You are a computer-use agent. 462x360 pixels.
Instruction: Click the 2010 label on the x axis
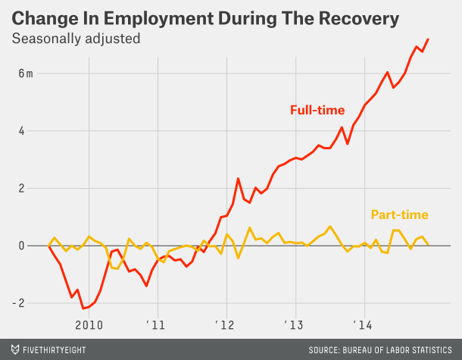pos(89,325)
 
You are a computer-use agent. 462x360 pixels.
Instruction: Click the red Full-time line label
pos(317,110)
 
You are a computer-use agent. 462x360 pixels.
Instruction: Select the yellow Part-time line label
pos(399,215)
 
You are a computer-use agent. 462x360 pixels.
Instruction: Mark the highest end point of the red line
pos(428,39)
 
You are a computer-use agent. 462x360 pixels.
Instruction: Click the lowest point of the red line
pos(83,308)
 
